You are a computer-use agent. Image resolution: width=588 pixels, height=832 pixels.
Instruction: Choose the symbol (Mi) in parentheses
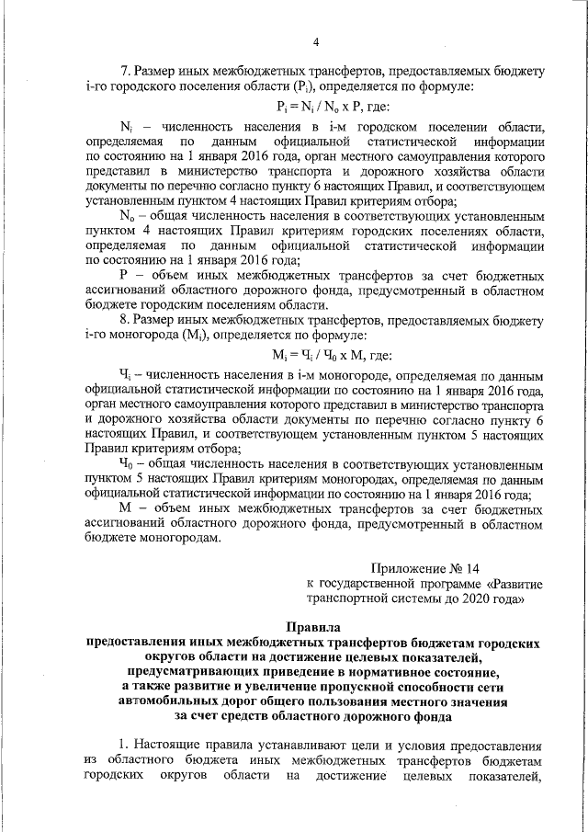point(200,336)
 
